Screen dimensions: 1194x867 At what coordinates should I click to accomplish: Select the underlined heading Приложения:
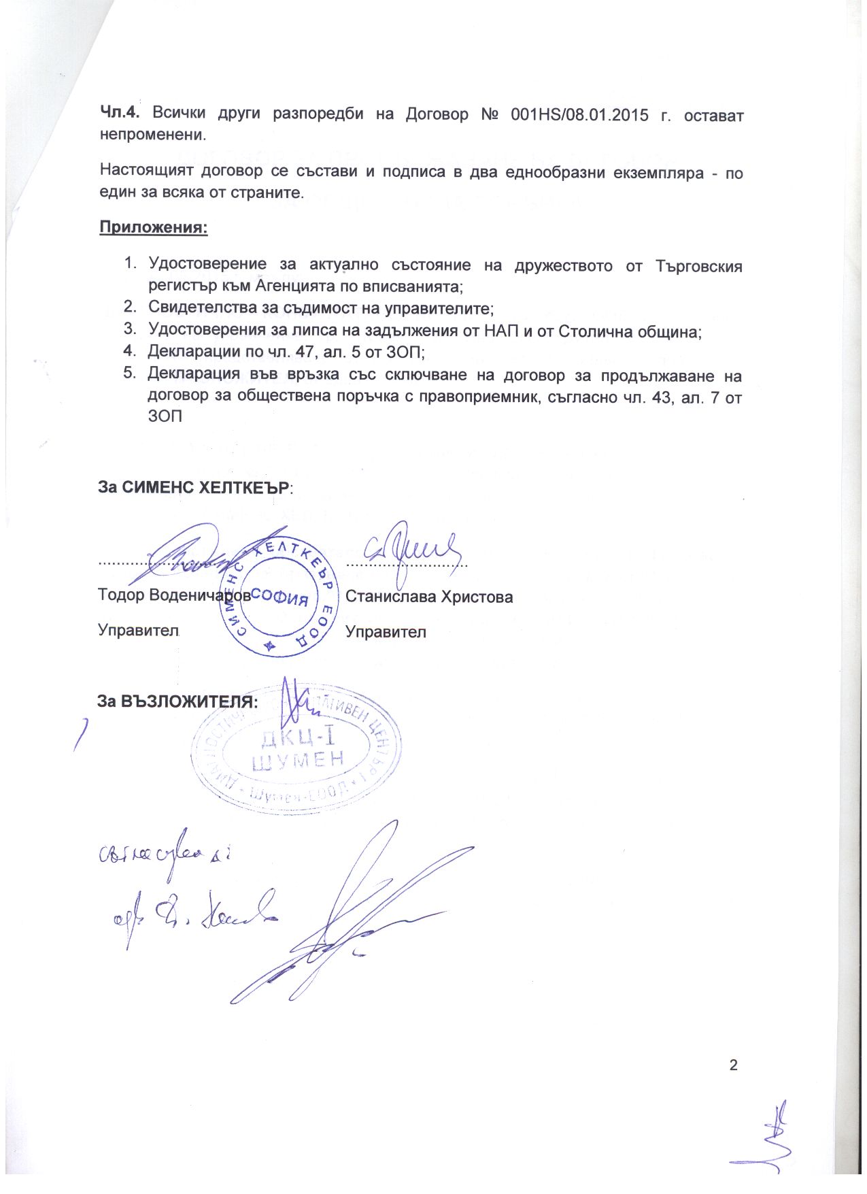154,227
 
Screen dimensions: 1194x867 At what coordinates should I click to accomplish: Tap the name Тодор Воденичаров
173,595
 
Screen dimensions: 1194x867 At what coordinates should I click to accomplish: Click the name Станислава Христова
429,597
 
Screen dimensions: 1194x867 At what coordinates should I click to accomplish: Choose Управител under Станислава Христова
386,631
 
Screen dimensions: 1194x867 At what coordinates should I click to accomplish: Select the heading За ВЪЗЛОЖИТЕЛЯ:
178,701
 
